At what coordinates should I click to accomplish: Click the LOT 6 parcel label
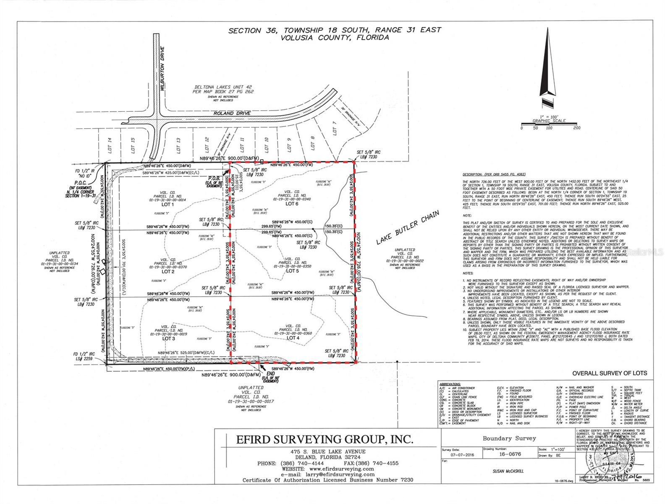[x=292, y=204]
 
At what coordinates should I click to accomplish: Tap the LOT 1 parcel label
[x=168, y=205]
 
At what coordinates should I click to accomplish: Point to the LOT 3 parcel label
[x=168, y=339]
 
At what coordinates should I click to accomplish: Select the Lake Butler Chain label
[x=407, y=227]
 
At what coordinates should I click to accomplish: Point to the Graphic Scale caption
[x=549, y=121]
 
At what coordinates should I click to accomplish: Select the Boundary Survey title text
[x=509, y=438]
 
